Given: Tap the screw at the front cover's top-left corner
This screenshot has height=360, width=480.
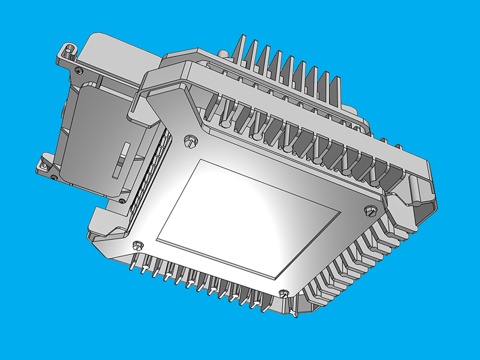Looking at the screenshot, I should (191, 141).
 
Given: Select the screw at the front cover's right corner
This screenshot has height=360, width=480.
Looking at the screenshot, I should (370, 210).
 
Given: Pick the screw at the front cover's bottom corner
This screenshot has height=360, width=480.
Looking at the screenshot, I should (284, 294).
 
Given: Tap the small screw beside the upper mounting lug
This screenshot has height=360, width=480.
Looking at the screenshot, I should (79, 71).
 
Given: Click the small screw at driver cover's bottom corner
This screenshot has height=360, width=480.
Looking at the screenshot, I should (122, 200).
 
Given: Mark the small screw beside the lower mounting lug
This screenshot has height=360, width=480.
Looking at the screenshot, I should (53, 177).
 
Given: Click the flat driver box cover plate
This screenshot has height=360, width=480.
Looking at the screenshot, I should (96, 138).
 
